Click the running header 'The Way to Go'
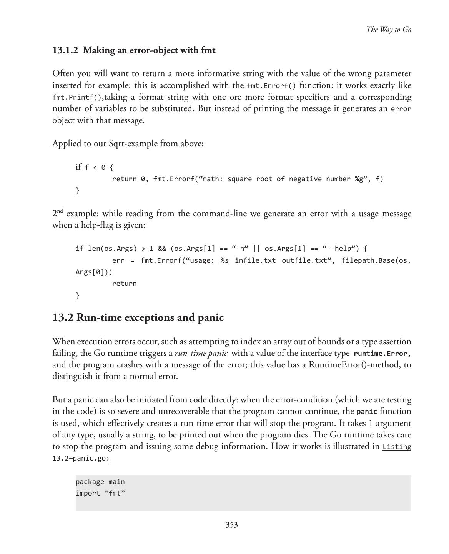click(x=389, y=30)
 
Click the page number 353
click(x=231, y=525)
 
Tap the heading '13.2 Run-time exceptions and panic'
click(x=138, y=318)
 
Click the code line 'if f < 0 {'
click(x=95, y=167)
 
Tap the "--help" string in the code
click(x=338, y=249)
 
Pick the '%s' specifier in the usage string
click(x=224, y=260)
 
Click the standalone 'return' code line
click(x=124, y=284)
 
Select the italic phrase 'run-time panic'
click(x=201, y=354)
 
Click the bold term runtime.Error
click(x=382, y=354)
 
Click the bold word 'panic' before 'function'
click(x=366, y=412)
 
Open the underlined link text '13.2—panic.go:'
click(x=81, y=458)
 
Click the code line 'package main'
click(x=100, y=482)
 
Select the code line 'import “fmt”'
click(x=100, y=493)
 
